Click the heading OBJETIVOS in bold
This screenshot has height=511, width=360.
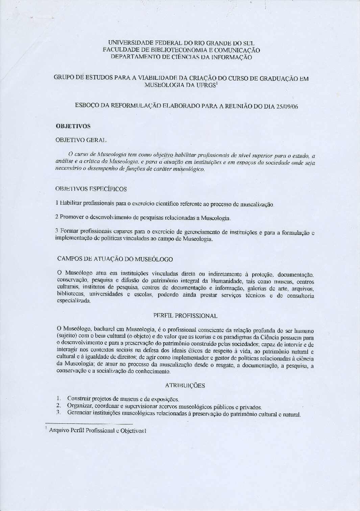point(73,126)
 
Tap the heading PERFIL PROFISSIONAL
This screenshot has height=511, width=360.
point(185,316)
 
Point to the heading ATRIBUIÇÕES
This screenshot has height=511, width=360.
point(185,385)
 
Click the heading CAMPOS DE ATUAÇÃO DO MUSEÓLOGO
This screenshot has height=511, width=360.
point(115,259)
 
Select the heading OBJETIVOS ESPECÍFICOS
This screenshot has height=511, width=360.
point(91,189)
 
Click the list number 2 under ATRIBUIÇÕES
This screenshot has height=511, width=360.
point(58,405)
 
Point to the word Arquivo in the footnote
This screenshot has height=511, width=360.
point(58,431)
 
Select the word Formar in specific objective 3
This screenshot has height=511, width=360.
point(69,231)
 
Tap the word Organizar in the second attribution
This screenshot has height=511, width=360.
point(80,405)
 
